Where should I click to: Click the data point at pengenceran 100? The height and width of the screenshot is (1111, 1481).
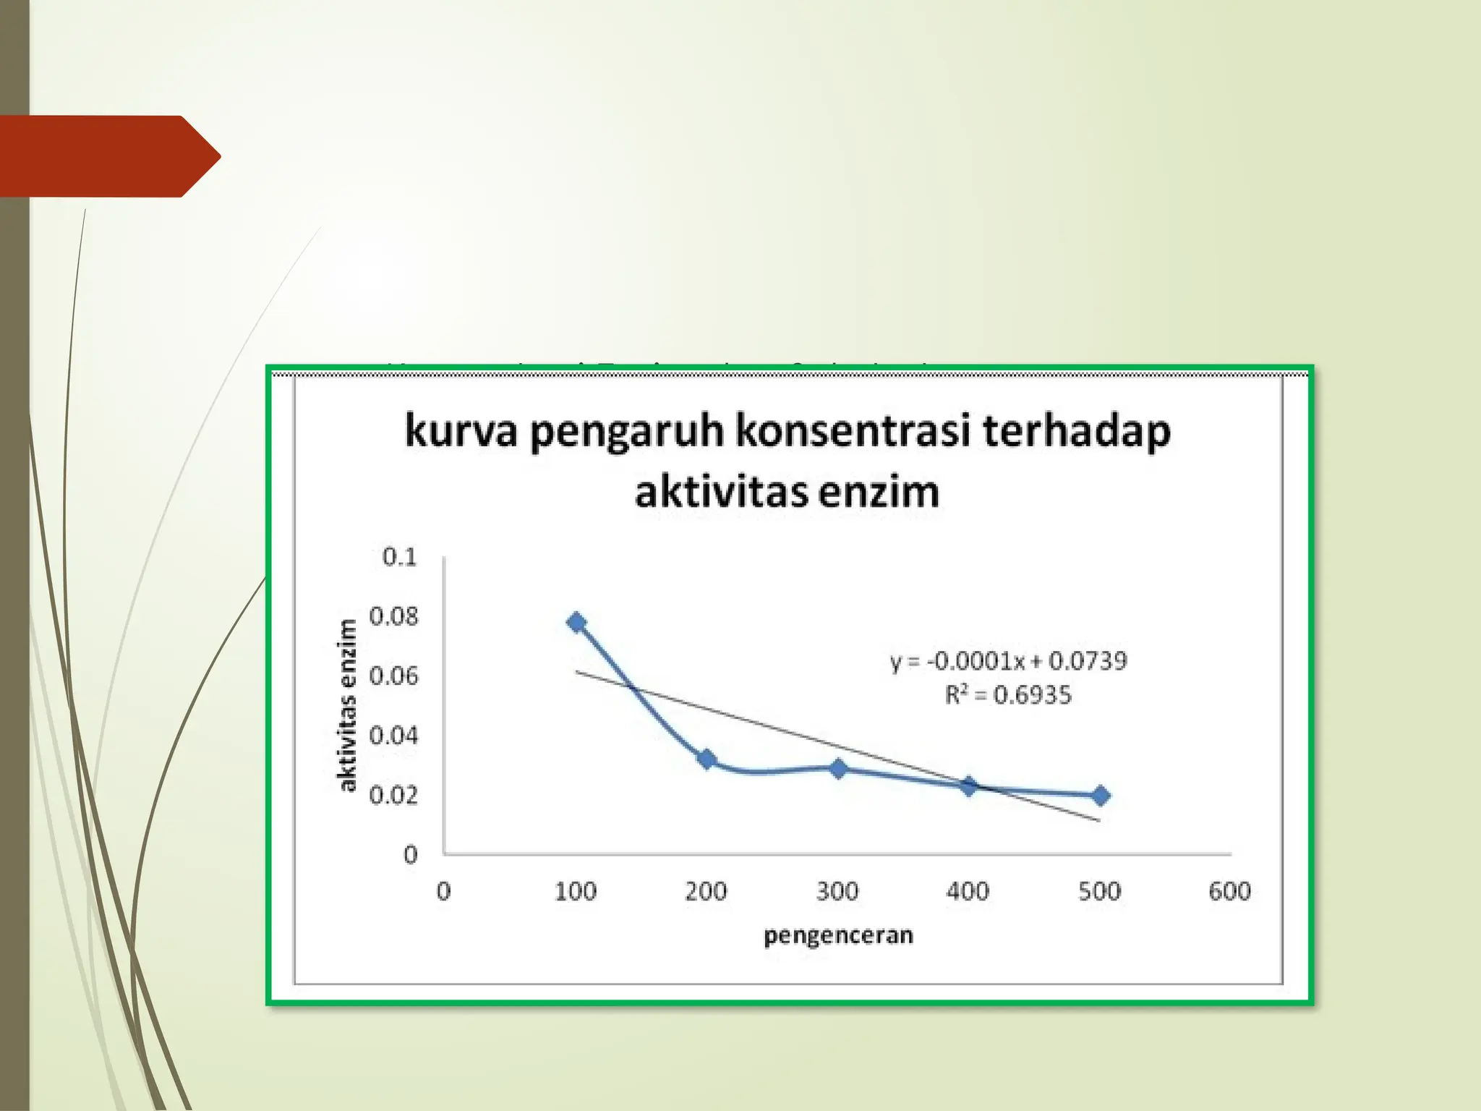coord(576,623)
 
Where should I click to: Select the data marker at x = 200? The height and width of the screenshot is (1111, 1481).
coord(707,759)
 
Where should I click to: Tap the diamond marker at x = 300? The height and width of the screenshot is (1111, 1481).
coord(838,769)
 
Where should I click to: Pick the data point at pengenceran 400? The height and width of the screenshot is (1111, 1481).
coord(969,786)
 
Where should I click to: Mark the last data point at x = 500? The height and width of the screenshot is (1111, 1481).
coord(1100,796)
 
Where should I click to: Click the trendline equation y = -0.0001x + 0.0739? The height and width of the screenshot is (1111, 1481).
coord(1008,661)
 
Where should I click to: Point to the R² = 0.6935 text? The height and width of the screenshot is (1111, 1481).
coord(1008,695)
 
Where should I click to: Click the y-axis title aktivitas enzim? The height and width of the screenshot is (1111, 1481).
coord(348,705)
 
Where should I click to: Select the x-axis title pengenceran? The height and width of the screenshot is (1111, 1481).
coord(838,935)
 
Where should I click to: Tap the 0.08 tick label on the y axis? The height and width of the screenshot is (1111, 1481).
coord(393,617)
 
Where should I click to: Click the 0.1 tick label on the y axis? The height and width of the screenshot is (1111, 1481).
coord(400,557)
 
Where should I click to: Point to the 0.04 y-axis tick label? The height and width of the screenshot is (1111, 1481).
coord(393,736)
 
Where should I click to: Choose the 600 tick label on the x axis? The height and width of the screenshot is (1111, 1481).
coord(1229,891)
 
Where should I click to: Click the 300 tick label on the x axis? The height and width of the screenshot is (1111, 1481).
coord(837,891)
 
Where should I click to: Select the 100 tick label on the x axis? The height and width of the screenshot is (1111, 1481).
coord(576,891)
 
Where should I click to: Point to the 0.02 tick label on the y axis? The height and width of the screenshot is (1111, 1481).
coord(393,796)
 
